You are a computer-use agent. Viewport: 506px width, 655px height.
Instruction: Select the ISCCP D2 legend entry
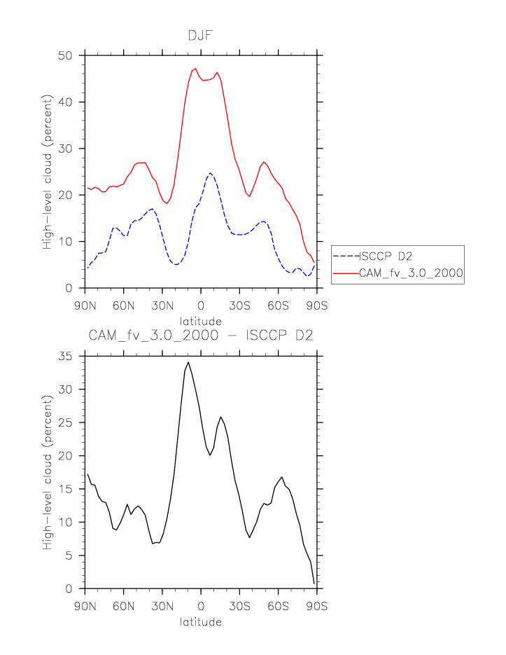pos(387,256)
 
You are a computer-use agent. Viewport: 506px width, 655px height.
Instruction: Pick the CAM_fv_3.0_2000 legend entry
pos(411,273)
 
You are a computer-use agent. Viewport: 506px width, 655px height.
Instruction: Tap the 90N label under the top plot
pos(85,306)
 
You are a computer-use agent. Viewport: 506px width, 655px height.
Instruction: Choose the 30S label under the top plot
pos(239,306)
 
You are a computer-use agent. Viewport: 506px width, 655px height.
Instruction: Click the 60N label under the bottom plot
pos(123,607)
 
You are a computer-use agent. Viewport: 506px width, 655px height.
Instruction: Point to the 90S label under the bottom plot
pos(317,607)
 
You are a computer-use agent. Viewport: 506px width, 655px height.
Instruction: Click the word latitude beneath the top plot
pos(201,321)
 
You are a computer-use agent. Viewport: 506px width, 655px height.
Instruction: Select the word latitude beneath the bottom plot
pos(201,621)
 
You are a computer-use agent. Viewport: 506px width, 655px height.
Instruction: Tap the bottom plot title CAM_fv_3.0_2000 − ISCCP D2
pos(201,336)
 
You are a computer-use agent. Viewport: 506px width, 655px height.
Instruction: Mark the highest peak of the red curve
pos(195,69)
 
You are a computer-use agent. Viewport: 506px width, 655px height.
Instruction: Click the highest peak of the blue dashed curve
pos(210,173)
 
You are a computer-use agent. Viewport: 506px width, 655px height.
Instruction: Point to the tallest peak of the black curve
pos(188,362)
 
